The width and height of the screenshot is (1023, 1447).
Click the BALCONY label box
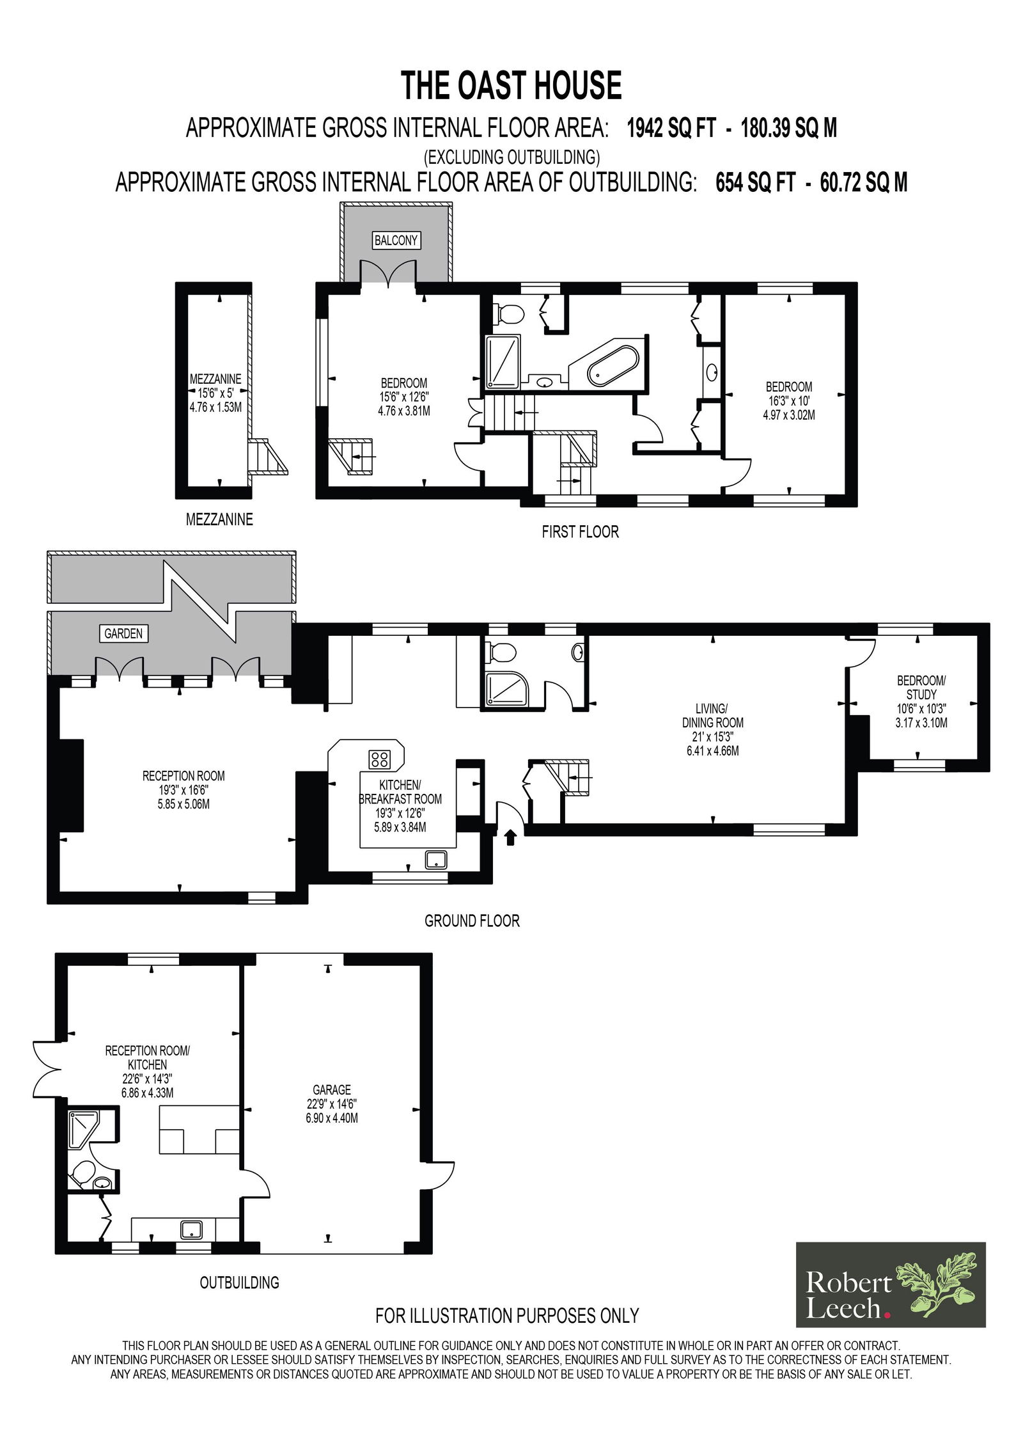(396, 241)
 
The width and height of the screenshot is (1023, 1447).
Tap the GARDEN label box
(123, 633)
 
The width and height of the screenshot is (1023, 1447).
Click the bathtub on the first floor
(613, 367)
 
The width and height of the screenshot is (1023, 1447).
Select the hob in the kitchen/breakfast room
(379, 759)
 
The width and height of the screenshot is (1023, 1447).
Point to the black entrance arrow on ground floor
(510, 837)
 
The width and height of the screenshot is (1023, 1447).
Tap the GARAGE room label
(332, 1089)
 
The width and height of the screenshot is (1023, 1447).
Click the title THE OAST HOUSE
(511, 86)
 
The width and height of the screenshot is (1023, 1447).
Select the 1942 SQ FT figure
(671, 129)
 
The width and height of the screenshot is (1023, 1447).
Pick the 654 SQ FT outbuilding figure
(755, 183)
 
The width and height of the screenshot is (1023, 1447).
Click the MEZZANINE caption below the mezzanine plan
(219, 519)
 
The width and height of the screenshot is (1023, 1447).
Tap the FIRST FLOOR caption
(581, 532)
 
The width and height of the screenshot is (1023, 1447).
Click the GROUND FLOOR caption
(472, 921)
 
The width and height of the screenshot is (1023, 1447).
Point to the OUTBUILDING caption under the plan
(240, 1283)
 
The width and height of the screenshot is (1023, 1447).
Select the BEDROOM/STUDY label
(921, 688)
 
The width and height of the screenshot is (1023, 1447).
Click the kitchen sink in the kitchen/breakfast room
(436, 860)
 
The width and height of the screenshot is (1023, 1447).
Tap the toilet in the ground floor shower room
(502, 653)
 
